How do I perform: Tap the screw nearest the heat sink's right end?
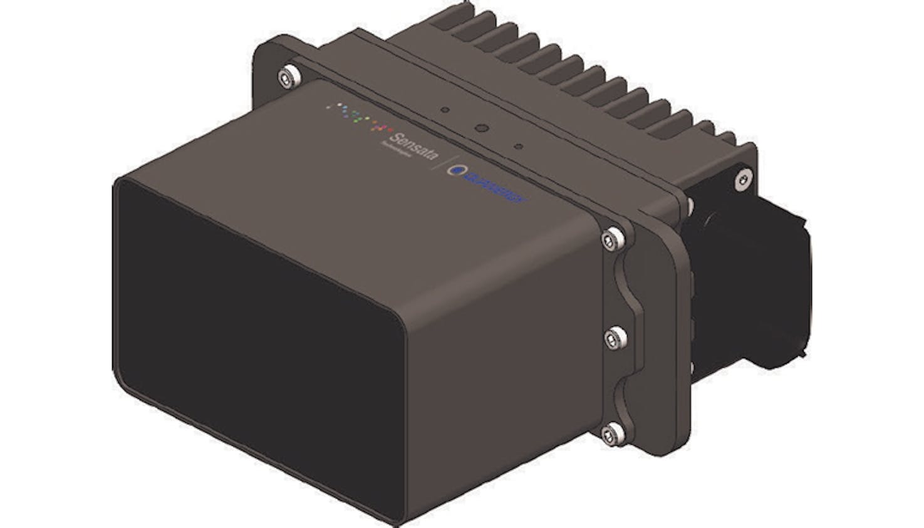742,179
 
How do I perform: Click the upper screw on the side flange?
613,239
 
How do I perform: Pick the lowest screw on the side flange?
613,432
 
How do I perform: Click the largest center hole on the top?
481,128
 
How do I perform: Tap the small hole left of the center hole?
445,110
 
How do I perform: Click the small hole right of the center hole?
518,147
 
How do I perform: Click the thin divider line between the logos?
446,166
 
